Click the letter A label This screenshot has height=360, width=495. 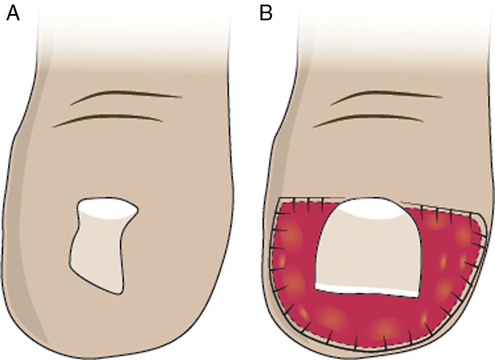tap(13, 13)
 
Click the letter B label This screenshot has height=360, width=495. tap(266, 13)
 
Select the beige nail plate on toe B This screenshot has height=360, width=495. tap(368, 254)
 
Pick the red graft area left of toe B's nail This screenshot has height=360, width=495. tap(297, 254)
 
